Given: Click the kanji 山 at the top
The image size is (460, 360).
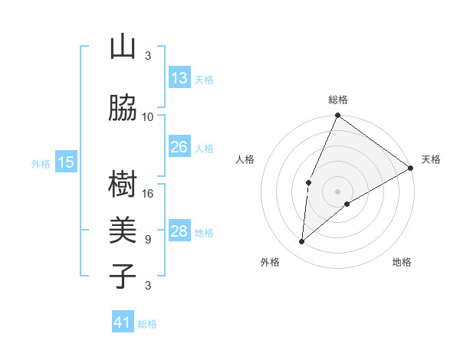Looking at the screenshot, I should (123, 47).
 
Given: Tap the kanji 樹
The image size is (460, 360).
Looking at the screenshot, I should (123, 185).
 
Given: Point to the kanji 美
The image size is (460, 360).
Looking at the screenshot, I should (123, 231).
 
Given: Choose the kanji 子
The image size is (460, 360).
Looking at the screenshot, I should (123, 277).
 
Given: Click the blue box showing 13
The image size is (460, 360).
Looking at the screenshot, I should (179, 78).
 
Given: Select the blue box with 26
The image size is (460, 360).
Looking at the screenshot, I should (179, 147).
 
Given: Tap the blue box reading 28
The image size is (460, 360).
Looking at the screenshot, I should (179, 232).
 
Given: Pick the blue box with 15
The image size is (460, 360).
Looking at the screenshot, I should (66, 162).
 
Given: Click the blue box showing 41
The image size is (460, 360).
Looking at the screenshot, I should (123, 322).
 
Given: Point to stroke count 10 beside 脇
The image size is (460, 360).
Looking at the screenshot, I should (148, 116).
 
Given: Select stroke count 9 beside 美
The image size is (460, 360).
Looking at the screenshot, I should (148, 239).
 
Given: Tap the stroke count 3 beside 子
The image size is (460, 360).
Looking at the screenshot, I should (148, 286).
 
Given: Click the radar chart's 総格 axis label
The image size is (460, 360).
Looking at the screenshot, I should (338, 100).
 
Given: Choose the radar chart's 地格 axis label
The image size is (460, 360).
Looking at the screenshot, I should (402, 262).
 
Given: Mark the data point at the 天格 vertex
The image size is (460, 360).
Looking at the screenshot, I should (411, 169).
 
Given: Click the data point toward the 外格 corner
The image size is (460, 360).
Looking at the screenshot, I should (302, 242).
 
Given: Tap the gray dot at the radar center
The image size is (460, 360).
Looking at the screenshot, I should (338, 191).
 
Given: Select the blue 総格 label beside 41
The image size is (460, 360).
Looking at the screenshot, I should (147, 324).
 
